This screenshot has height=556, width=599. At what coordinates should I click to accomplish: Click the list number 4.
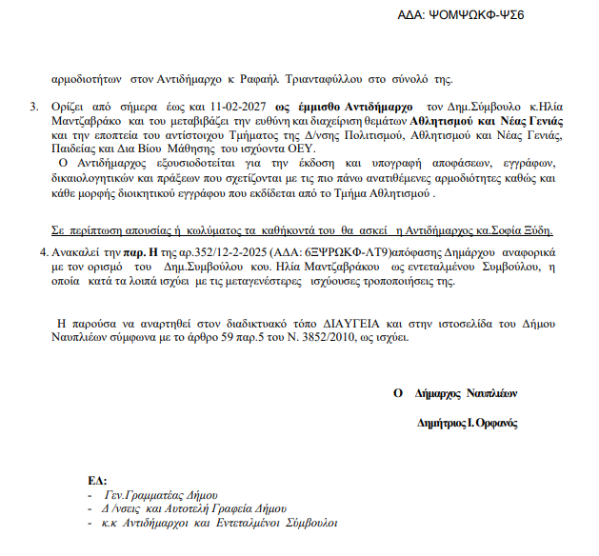[x=41, y=253]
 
